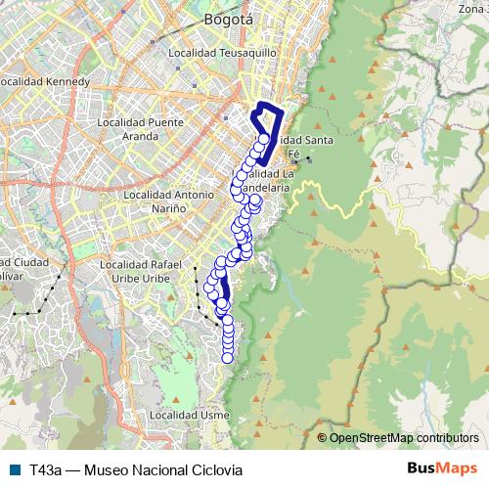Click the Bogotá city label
click(x=228, y=19)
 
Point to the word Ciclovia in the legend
click(x=213, y=469)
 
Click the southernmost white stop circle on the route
click(x=228, y=357)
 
